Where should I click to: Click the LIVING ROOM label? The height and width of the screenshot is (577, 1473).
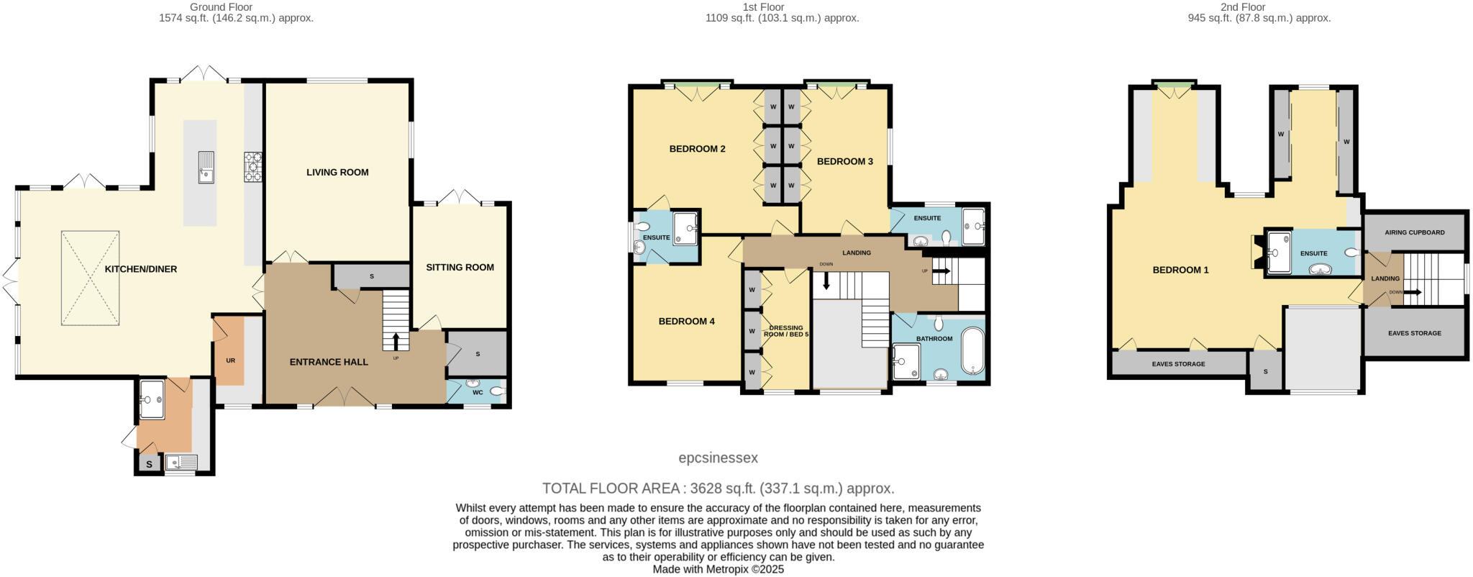click(x=337, y=172)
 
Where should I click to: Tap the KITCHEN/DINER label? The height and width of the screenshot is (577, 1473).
click(x=141, y=269)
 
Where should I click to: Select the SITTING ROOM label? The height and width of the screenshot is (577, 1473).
click(x=460, y=267)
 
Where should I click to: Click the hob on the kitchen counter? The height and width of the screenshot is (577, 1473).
click(x=253, y=166)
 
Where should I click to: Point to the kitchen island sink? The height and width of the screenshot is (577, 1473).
click(x=206, y=168)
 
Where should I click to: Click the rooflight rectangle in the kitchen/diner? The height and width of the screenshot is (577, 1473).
click(x=90, y=278)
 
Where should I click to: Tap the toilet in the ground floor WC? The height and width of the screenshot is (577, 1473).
click(x=497, y=391)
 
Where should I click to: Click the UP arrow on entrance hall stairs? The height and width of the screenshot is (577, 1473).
click(x=396, y=341)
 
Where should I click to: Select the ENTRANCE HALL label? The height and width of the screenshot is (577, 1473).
click(x=329, y=362)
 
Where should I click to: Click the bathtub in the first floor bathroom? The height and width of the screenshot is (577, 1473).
click(x=973, y=352)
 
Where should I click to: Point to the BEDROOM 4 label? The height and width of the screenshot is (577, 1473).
click(x=686, y=322)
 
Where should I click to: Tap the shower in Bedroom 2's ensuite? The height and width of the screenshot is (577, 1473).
click(x=685, y=229)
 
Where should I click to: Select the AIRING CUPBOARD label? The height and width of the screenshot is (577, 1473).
click(x=1414, y=232)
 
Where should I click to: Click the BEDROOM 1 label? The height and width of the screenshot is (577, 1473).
click(x=1180, y=270)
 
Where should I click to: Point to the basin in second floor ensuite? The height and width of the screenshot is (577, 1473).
click(x=1319, y=270)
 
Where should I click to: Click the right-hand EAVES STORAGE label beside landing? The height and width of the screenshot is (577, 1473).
click(x=1414, y=333)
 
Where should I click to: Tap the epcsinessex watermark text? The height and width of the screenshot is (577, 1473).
click(x=718, y=458)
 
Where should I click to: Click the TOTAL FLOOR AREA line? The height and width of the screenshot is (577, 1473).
click(x=718, y=489)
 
